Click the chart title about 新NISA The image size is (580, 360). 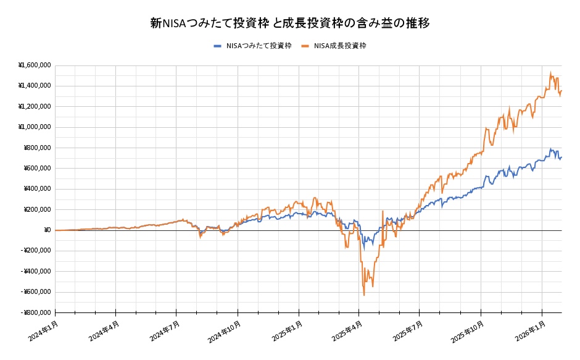click(x=290, y=23)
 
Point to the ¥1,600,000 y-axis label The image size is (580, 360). click(x=35, y=65)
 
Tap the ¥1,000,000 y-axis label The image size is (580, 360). click(x=35, y=127)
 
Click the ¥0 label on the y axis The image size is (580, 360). click(x=46, y=230)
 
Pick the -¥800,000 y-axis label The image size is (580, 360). click(x=36, y=312)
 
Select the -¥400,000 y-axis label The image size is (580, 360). click(x=36, y=271)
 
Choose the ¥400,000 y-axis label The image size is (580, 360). click(x=37, y=189)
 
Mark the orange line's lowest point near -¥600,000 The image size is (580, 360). click(x=364, y=295)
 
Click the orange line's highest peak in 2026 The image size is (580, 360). click(x=550, y=72)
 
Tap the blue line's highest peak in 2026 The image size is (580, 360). click(x=550, y=149)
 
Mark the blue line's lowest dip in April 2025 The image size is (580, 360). click(x=363, y=248)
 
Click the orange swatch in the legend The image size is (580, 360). click(x=305, y=46)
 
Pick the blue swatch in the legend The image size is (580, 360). click(x=217, y=46)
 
